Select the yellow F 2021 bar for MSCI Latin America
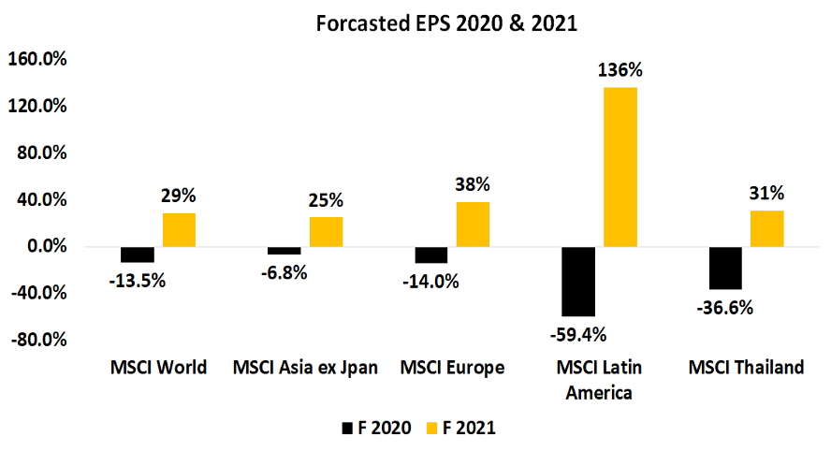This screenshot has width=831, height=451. coord(620,167)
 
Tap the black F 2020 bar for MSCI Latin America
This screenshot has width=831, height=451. coord(577,282)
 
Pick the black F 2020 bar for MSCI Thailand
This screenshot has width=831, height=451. coord(725,268)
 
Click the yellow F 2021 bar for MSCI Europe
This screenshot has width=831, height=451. coord(473,225)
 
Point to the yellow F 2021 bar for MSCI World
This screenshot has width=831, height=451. coord(179,230)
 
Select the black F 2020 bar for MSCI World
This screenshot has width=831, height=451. coord(138,255)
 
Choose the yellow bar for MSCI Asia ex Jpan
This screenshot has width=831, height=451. coord(326,232)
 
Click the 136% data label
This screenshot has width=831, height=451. coord(620,70)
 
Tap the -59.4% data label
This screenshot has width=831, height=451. coord(578,334)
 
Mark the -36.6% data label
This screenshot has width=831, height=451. coord(726,308)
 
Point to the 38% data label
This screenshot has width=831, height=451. coord(473,184)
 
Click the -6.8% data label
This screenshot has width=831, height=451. coord(284,273)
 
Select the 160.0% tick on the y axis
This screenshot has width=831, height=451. coord(36,60)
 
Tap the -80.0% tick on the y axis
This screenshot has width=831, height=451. coord(36,340)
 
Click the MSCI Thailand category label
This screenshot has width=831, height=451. coord(746,368)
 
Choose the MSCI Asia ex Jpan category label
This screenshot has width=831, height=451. coord(305,368)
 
